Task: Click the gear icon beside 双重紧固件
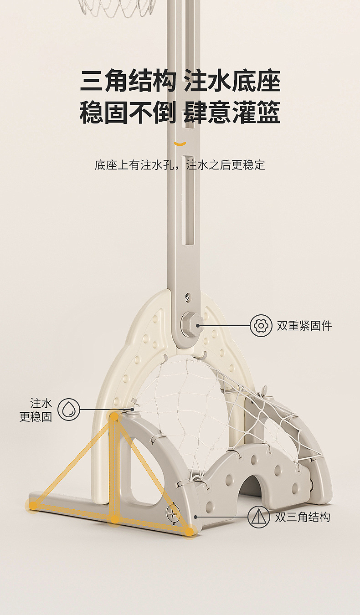[261, 326]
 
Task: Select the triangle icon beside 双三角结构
[259, 517]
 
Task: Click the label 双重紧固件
[304, 326]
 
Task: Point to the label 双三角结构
[302, 517]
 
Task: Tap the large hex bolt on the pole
[189, 324]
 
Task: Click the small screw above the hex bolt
[188, 298]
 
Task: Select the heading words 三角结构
[128, 82]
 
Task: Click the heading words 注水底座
[232, 82]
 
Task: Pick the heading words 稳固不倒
[128, 113]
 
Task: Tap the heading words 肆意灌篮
[232, 113]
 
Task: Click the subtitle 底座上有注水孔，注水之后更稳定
[180, 165]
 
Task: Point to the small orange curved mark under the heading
[180, 144]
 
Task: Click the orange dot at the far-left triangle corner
[33, 504]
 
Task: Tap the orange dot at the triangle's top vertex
[113, 416]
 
